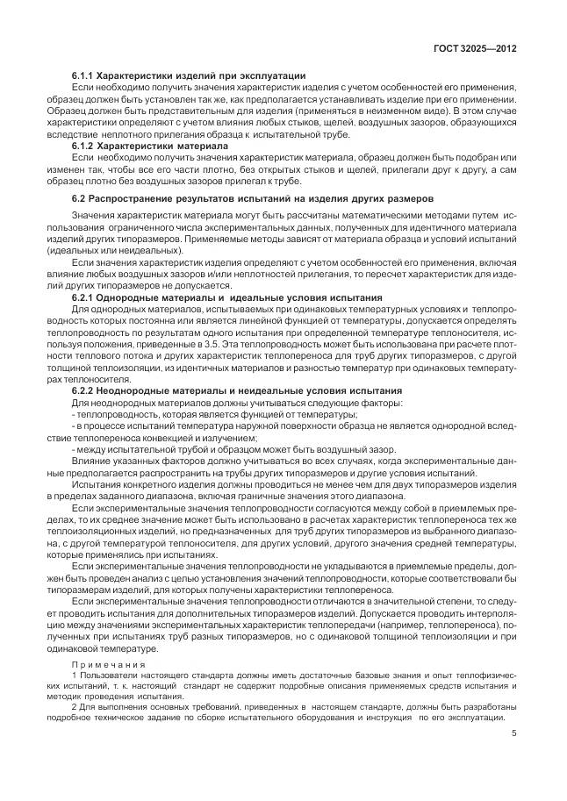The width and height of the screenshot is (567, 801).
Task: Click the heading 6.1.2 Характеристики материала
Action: click(x=149, y=144)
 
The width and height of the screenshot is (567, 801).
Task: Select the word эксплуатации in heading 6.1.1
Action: click(x=272, y=75)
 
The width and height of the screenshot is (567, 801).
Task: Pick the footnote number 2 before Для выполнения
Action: click(x=74, y=706)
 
